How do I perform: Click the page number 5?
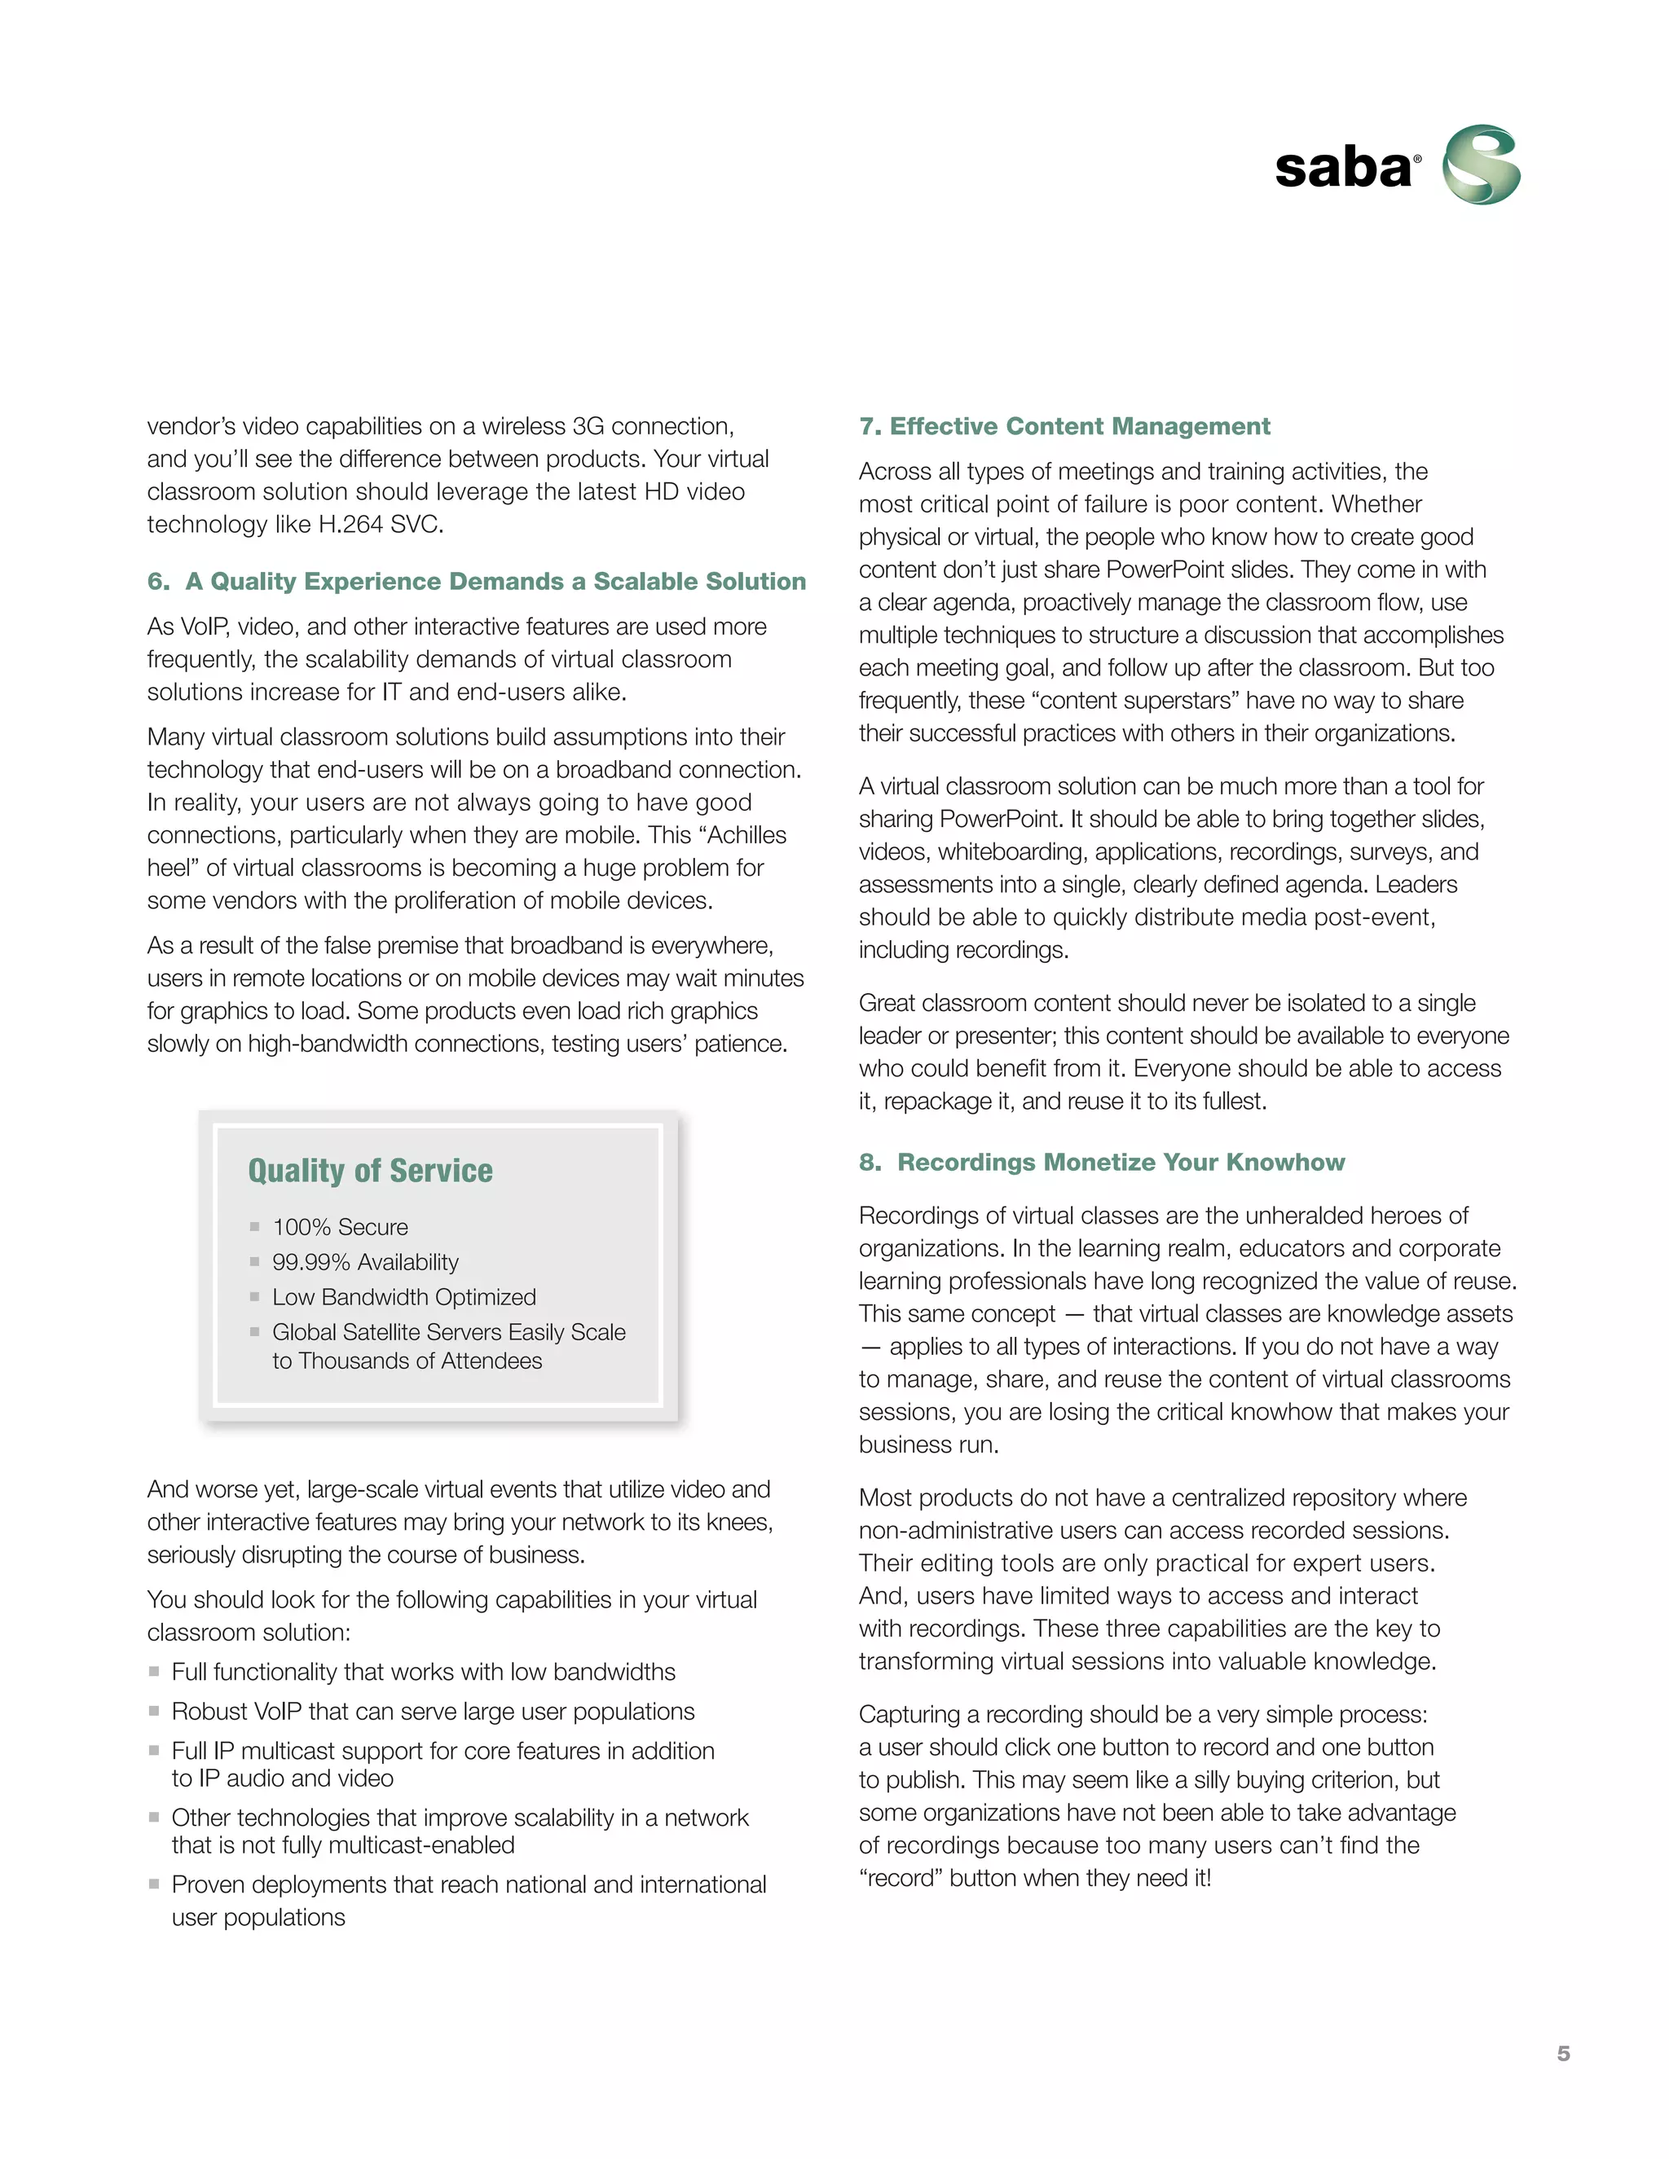[x=1563, y=2053]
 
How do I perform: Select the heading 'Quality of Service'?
[x=370, y=1171]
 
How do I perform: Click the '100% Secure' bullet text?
[x=340, y=1227]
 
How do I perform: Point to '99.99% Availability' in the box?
[x=365, y=1262]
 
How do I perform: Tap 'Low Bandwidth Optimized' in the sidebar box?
[x=403, y=1297]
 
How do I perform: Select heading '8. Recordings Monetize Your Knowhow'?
[x=1102, y=1162]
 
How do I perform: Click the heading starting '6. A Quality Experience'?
[x=477, y=581]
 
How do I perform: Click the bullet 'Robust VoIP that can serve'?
[x=432, y=1711]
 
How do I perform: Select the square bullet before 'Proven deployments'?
[x=154, y=1884]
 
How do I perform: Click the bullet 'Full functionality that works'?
[x=423, y=1672]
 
